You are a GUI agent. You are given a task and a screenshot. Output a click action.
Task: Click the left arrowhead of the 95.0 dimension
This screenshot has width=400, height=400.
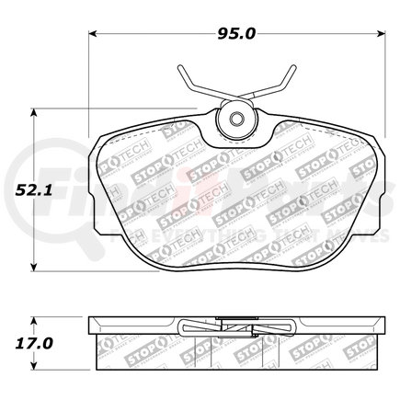[92, 35]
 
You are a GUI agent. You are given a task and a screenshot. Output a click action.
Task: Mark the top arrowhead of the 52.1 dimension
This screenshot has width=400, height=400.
[36, 111]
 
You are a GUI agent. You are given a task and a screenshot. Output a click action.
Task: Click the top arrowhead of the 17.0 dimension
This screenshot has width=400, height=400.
[36, 318]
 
